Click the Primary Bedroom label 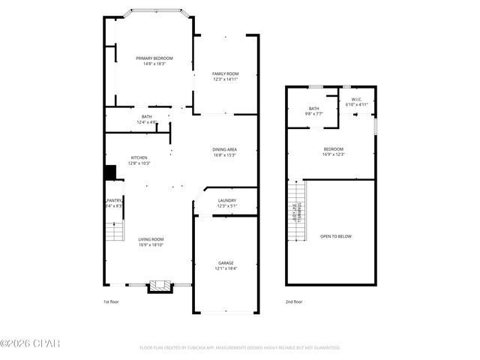154,58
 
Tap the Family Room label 225,73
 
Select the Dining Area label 225,150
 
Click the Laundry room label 227,200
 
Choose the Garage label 226,263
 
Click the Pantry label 114,200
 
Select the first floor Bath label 147,116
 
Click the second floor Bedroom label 334,148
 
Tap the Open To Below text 336,236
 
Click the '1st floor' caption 111,301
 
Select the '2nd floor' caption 293,301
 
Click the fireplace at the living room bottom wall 157,286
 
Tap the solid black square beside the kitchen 110,172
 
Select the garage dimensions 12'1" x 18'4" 226,268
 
